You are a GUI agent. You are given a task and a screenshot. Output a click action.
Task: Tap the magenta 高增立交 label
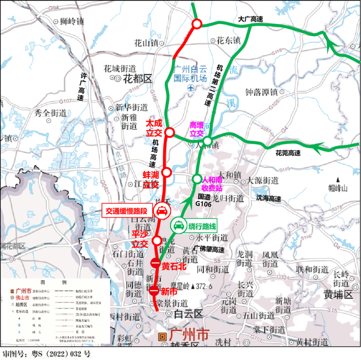(x=197, y=129)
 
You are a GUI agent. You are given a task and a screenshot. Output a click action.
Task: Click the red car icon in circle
(x=161, y=210)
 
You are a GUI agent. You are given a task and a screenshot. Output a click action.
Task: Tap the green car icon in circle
(x=178, y=226)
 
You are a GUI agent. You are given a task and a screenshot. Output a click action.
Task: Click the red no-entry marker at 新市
(x=154, y=292)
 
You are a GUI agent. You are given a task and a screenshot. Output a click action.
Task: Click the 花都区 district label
(x=138, y=79)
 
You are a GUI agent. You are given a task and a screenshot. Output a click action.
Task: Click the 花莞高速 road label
(x=288, y=153)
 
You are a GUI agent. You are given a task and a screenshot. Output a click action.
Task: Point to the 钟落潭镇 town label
(x=261, y=92)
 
